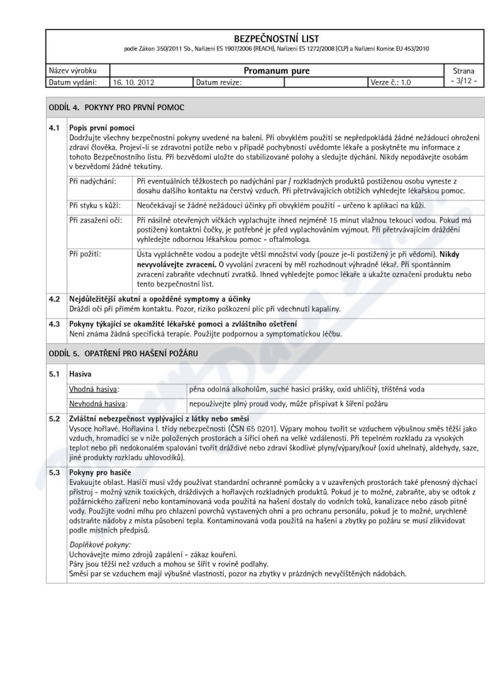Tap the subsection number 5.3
point(55,472)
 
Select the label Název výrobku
point(70,71)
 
